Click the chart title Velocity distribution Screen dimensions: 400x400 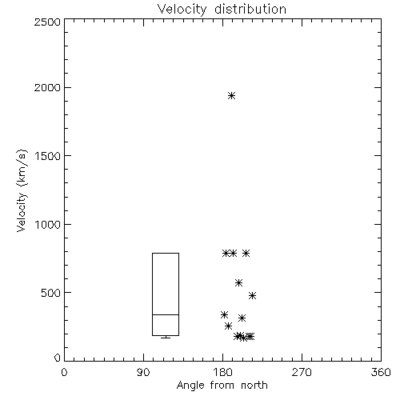tap(222, 9)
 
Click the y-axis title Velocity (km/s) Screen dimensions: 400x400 tap(22, 190)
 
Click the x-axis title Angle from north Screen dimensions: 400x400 tap(222, 385)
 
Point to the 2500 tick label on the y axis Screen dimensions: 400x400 tap(47, 22)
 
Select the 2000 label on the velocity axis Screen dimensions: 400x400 tap(47, 87)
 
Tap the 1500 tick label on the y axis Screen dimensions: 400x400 tap(48, 156)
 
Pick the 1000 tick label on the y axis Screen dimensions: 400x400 tap(48, 225)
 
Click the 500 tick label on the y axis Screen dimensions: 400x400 tap(51, 293)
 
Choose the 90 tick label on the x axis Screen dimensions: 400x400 tap(143, 372)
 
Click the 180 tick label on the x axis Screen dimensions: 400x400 tap(222, 372)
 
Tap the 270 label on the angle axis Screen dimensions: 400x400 tap(302, 372)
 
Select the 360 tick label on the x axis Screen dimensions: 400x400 tap(381, 372)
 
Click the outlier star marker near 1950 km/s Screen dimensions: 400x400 tap(231, 95)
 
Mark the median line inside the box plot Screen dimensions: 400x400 tap(166, 314)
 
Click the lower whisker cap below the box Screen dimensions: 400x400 tap(166, 338)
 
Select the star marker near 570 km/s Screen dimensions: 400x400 tap(238, 282)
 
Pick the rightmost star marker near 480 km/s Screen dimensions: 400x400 tap(252, 295)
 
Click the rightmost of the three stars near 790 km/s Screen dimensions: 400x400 tap(246, 253)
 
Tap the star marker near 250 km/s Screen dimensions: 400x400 tap(228, 326)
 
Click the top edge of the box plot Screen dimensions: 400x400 tap(166, 253)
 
